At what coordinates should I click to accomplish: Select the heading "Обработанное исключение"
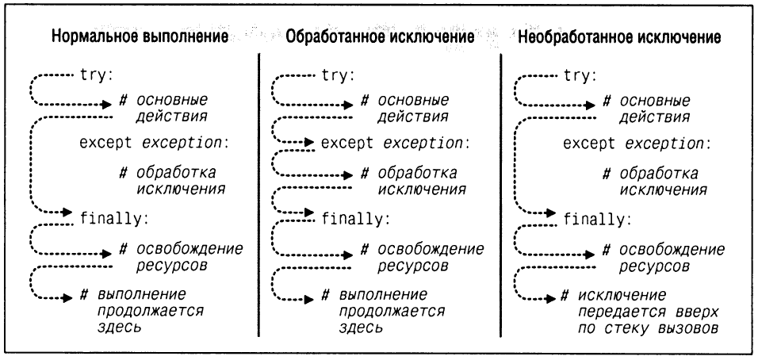click(380, 36)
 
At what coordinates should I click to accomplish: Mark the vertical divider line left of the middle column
click(258, 190)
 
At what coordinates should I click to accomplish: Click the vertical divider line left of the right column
click(501, 190)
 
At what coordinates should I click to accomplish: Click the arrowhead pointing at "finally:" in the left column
click(72, 213)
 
